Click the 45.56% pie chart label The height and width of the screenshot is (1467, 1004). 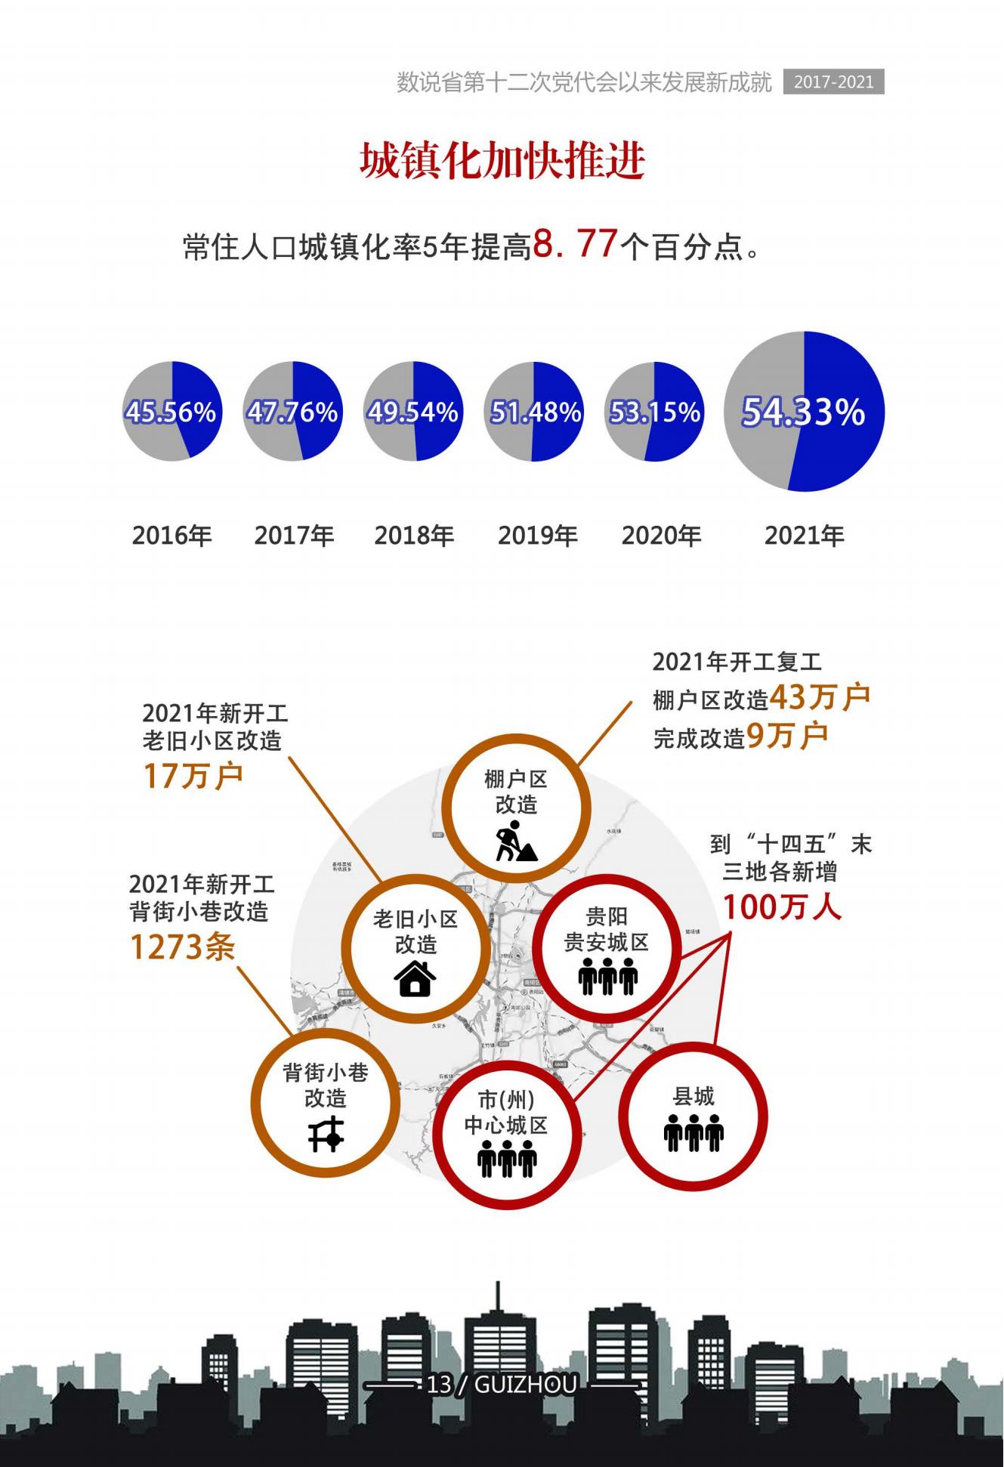[x=171, y=412]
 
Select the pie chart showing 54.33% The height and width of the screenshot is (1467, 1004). [x=804, y=412]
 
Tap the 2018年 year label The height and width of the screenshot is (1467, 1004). [x=414, y=536]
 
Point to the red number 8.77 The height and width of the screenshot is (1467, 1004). [x=576, y=244]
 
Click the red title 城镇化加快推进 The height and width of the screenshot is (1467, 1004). [x=502, y=161]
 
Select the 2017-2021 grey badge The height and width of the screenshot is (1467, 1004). [x=833, y=82]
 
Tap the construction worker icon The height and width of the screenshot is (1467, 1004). [x=516, y=844]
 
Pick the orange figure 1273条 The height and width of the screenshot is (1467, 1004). [x=183, y=947]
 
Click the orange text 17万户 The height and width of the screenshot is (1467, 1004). [x=193, y=776]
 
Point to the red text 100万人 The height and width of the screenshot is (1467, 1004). [x=782, y=906]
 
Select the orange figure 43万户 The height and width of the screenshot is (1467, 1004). [x=820, y=697]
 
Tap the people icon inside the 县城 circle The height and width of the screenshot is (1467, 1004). [x=694, y=1132]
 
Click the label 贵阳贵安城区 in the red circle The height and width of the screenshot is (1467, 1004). [x=607, y=930]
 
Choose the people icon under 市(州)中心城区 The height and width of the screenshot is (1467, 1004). [x=507, y=1159]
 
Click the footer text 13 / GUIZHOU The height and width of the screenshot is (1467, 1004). [x=502, y=1385]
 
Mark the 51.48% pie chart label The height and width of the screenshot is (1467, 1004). [x=535, y=412]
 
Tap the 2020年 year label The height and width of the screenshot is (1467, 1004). [x=661, y=536]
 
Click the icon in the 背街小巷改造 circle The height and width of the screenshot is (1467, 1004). [x=326, y=1133]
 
